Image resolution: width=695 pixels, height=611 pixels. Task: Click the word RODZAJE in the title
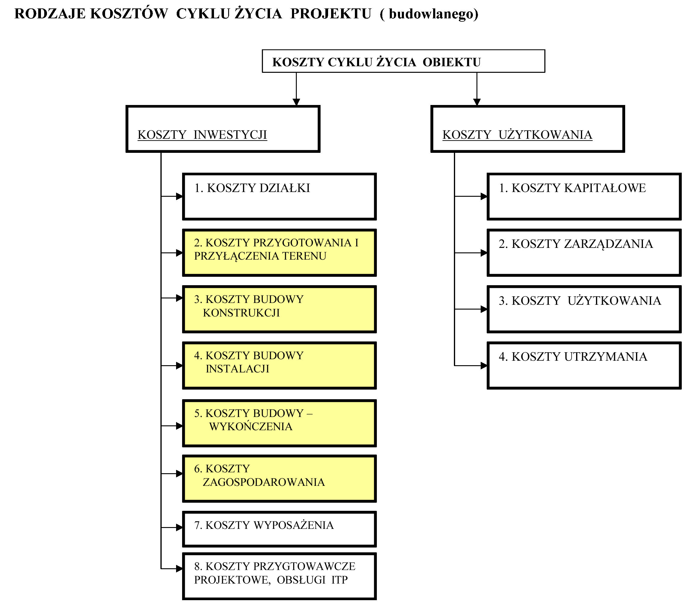point(50,14)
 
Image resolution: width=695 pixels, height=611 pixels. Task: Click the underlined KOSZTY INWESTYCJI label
point(202,134)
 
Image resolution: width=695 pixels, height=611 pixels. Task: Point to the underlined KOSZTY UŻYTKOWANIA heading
point(517,134)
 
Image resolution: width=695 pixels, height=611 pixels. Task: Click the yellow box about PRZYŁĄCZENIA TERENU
point(279,252)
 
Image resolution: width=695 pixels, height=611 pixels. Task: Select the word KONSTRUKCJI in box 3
point(241,313)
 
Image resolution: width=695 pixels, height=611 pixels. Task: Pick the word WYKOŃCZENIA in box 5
point(251,426)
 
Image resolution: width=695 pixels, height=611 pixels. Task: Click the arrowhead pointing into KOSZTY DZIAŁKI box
point(179,196)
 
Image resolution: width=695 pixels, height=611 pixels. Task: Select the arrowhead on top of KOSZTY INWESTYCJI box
point(296,102)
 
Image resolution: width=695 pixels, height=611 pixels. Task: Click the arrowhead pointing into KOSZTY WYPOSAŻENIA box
point(179,527)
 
